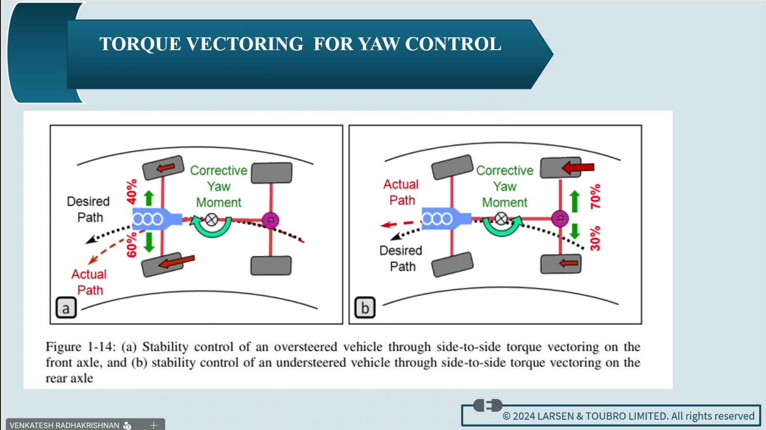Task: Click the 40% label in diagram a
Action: point(131,192)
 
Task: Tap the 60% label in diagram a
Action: point(131,245)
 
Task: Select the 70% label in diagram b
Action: point(595,196)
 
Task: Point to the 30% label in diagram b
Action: point(595,238)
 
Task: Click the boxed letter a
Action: point(66,308)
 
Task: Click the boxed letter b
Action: point(365,308)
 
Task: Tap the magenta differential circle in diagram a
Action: point(270,220)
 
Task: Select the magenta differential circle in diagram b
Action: point(560,218)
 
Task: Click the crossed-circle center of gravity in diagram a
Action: point(211,220)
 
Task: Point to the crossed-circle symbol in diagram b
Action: point(501,219)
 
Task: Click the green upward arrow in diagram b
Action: point(574,201)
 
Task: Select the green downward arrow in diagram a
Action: point(149,242)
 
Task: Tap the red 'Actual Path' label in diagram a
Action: point(89,282)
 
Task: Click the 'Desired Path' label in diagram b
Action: point(401,258)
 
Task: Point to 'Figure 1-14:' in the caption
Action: point(81,347)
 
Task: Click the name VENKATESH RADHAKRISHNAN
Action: point(64,425)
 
